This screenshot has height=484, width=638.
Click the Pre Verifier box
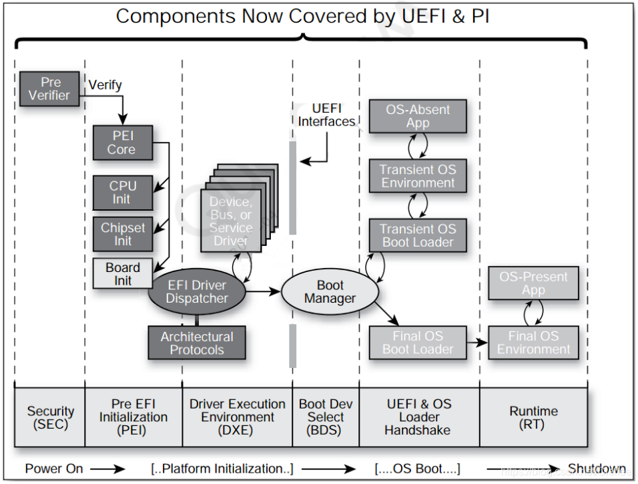50,89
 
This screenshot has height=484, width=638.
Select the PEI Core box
122,143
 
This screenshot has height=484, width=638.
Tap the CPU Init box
122,193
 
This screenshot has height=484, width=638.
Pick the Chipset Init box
122,234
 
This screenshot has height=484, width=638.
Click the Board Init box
122,273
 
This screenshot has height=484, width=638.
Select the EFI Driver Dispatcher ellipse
197,292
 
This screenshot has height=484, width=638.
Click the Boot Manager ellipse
330,292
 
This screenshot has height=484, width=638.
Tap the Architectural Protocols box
196,343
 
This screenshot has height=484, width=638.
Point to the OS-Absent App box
417,116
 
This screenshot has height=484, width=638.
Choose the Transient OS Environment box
417,176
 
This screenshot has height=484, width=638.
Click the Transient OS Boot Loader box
417,235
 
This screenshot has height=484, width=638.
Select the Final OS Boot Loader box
417,342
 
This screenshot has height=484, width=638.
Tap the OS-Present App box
533,283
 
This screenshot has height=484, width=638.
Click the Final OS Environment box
533,342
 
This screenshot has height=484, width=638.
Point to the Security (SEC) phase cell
50,417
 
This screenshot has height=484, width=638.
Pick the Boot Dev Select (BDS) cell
326,417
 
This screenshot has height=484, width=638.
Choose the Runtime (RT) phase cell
533,417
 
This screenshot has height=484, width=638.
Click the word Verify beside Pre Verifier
105,85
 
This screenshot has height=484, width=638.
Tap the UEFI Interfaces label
326,115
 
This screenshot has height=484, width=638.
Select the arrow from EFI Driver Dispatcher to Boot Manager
263,291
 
